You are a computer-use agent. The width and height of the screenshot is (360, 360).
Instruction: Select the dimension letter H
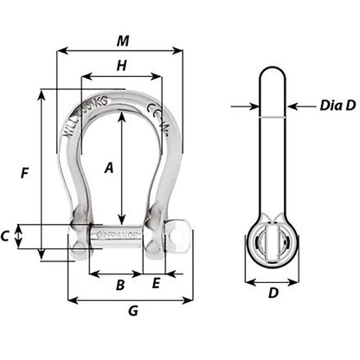coord(121,66)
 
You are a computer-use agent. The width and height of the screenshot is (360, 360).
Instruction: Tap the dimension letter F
coord(26,173)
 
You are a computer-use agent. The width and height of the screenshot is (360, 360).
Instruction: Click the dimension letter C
coord(7,235)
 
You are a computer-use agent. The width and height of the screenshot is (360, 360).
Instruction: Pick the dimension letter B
coord(121,283)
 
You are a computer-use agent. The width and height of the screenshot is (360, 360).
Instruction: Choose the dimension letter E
coord(156,283)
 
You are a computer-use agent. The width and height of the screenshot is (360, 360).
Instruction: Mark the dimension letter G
coord(132,312)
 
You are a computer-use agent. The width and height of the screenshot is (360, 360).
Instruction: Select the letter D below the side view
coord(273,292)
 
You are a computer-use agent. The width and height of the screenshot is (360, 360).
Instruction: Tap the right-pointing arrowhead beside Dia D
coord(255,107)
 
